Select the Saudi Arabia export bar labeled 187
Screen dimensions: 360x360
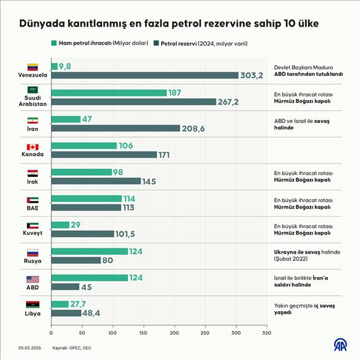point(108,93)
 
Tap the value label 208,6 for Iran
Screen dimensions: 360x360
point(194,128)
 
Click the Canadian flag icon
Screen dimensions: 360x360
point(32,146)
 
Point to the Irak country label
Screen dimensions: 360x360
point(32,182)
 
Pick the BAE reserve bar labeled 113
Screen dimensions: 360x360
point(86,207)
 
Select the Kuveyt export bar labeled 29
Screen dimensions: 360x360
point(60,225)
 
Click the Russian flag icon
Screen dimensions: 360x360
point(32,252)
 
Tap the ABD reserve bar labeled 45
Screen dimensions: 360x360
point(65,286)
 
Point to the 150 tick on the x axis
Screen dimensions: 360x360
point(143,333)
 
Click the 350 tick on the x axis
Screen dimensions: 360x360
point(266,333)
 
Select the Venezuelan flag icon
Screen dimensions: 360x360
point(32,67)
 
